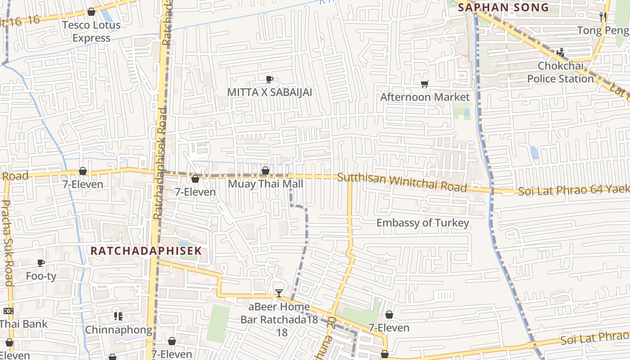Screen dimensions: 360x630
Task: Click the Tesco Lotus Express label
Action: [91, 31]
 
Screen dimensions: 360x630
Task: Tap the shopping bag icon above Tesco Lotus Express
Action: [91, 12]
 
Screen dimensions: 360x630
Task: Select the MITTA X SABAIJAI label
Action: [270, 92]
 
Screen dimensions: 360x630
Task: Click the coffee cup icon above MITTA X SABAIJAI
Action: [269, 80]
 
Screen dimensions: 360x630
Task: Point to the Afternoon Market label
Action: [425, 97]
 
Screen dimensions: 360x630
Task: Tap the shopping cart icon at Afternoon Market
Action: [424, 84]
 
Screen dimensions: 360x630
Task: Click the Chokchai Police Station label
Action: [560, 72]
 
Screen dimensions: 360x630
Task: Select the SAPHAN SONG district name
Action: [503, 7]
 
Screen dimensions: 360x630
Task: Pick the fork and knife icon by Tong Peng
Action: [603, 17]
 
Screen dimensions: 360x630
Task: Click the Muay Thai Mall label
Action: [265, 184]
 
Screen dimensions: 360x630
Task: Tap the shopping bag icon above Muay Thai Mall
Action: [265, 171]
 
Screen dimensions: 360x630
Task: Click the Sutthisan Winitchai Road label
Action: [402, 182]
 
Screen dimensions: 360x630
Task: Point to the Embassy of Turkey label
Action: [423, 223]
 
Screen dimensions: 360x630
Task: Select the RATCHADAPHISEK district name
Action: [146, 251]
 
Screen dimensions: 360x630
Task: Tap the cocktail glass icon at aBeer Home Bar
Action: [279, 294]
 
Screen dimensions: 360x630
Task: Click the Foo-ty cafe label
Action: [41, 276]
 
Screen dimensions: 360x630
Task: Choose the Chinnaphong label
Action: [119, 329]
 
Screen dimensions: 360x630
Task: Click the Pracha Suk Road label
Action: [7, 243]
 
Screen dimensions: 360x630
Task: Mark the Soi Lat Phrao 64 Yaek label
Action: [573, 189]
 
